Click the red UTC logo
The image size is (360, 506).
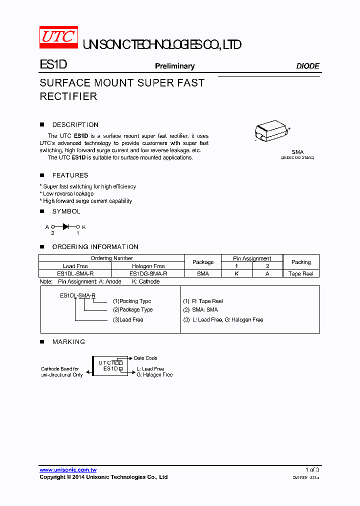pos(58,37)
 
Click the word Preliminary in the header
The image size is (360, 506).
pos(174,66)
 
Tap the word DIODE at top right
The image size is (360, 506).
pos(307,66)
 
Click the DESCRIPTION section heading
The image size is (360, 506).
pos(75,125)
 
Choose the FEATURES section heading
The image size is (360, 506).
pos(70,175)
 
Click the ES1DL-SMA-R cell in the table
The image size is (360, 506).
pos(75,273)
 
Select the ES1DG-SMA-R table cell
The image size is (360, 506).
pos(148,273)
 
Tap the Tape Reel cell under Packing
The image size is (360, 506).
pos(301,273)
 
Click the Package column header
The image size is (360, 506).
pos(203,262)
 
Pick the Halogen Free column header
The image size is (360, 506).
pos(148,266)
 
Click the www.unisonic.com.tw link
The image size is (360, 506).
pos(68,470)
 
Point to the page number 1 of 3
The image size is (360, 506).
pos(312,470)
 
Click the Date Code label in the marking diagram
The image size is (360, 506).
pos(145,358)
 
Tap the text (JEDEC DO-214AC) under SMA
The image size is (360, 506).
pos(297,157)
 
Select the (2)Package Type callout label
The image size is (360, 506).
pos(132,310)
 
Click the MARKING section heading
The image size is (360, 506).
pos(68,342)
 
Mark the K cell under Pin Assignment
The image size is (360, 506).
pos(236,273)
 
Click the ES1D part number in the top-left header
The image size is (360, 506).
pos(53,65)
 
